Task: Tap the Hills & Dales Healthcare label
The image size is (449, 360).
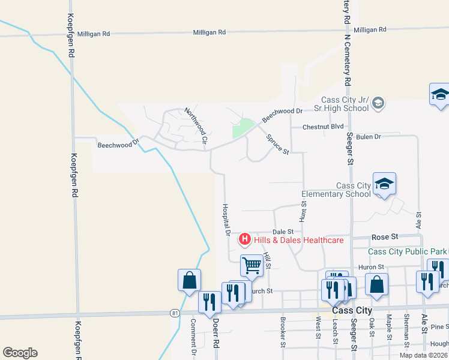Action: click(298, 241)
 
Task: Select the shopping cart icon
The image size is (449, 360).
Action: click(252, 265)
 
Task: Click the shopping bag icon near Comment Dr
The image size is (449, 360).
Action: click(189, 280)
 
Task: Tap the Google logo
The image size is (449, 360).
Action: click(20, 353)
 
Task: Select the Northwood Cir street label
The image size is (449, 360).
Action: click(196, 125)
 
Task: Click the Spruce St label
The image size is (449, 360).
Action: click(277, 144)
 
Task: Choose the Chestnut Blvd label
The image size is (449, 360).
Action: click(323, 127)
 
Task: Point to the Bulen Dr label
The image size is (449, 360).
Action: click(369, 137)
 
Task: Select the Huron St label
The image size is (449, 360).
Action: click(372, 266)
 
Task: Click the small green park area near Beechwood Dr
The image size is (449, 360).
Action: click(243, 128)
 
